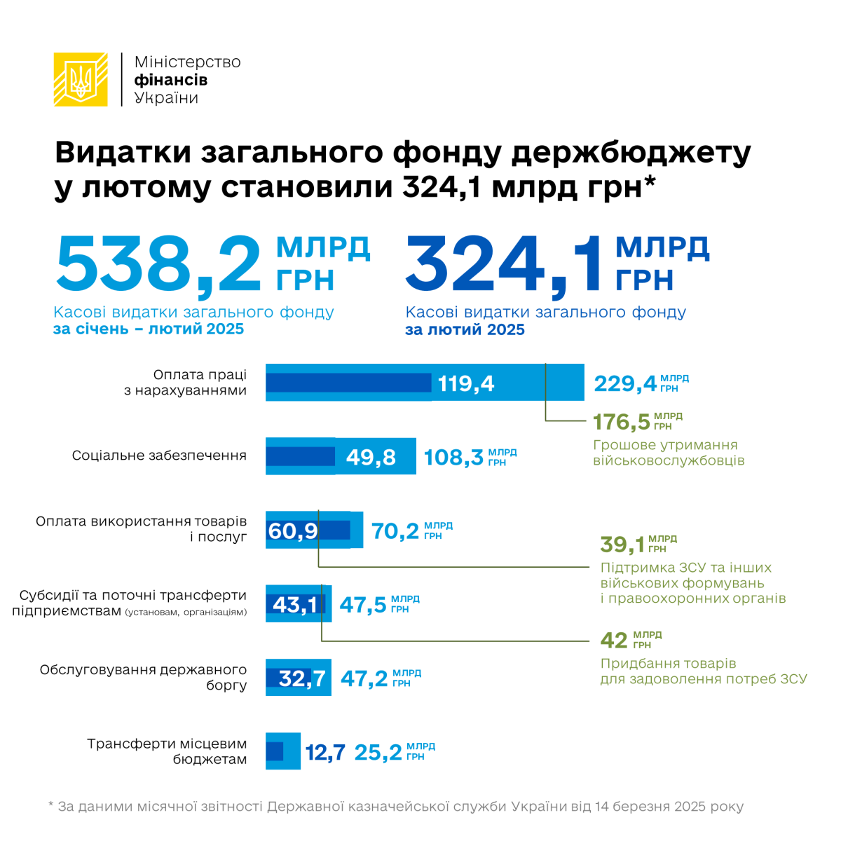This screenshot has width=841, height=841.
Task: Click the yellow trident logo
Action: pos(81,79)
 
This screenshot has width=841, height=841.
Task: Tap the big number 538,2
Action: pos(160,266)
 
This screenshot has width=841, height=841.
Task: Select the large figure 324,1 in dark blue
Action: pos(504,266)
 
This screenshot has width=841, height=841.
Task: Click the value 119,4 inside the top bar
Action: pos(466,383)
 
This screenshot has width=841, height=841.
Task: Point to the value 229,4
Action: pos(625,383)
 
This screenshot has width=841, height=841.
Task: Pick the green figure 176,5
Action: pos(622,422)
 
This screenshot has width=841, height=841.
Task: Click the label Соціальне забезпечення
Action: pos(159,456)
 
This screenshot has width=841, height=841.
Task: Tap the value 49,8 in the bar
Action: pos(371,457)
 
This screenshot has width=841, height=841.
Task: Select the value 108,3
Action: pos(453,458)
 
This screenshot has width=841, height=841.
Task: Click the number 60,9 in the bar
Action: pos(293,531)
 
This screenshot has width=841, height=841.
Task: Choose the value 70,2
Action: pos(395,531)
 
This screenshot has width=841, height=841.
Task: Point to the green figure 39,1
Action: pos(622,545)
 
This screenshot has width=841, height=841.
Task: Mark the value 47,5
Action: pos(363,605)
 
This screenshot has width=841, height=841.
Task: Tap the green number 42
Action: pos(614,641)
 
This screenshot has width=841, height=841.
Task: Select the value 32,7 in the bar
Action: pos(302,678)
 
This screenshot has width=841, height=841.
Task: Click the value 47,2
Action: pos(364,678)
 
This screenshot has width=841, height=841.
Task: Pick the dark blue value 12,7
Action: pos(325,753)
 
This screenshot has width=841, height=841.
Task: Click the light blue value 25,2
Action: pos(378,753)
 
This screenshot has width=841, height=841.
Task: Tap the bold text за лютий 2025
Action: pos(465,330)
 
